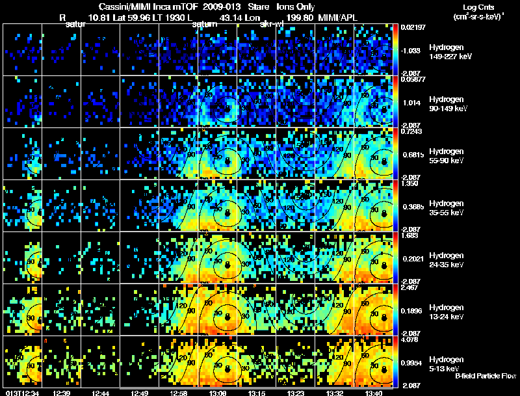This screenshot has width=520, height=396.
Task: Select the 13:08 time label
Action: click(x=218, y=392)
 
